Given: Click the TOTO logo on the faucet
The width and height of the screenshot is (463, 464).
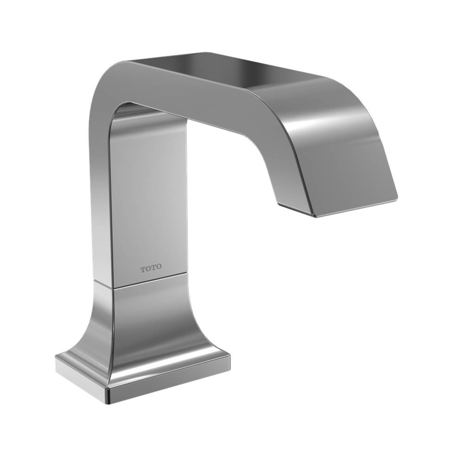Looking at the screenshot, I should coord(151,268).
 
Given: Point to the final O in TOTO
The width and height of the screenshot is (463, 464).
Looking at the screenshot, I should coord(159,268).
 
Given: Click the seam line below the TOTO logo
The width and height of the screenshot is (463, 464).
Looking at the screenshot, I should coord(151,280).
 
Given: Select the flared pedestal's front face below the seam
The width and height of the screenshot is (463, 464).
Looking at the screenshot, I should coord(153,320).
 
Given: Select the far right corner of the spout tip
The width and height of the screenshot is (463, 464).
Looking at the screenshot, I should coord(397,197).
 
